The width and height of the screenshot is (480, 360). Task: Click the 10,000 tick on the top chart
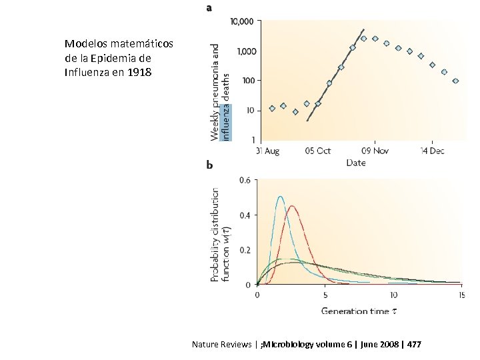click(x=241, y=21)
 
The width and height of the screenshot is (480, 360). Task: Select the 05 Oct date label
click(x=317, y=151)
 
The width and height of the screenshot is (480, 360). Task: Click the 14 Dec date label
click(x=432, y=151)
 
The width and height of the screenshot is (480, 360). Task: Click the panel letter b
click(x=210, y=165)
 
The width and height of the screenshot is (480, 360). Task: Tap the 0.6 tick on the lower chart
click(x=245, y=180)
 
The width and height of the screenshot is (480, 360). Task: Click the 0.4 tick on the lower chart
click(x=245, y=215)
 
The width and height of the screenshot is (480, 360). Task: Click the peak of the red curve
click(x=292, y=206)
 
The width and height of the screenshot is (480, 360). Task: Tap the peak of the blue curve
click(x=280, y=197)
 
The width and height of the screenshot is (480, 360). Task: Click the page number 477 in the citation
click(x=413, y=345)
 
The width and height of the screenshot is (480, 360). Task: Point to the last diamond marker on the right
click(x=455, y=81)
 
